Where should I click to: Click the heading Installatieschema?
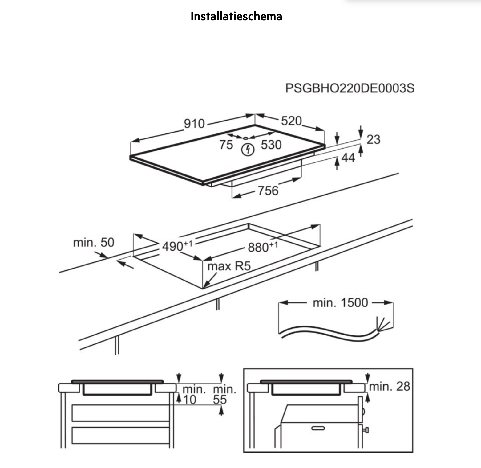click(x=236, y=16)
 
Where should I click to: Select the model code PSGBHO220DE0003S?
click(x=350, y=88)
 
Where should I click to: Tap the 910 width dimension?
click(x=194, y=124)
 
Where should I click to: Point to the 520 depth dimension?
click(x=291, y=121)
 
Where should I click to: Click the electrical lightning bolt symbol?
click(x=248, y=150)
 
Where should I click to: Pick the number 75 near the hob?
click(x=226, y=145)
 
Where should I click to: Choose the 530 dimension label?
click(x=271, y=145)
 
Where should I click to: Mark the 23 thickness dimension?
click(x=373, y=139)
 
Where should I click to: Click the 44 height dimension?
click(x=348, y=158)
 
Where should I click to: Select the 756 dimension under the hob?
click(x=268, y=191)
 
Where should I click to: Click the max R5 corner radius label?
click(x=229, y=266)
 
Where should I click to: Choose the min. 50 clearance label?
click(x=94, y=243)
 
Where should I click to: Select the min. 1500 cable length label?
click(x=340, y=303)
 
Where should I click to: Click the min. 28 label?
click(x=390, y=386)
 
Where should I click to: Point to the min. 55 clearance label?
click(x=224, y=394)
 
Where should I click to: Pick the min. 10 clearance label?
click(x=194, y=394)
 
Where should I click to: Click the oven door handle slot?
click(x=318, y=428)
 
